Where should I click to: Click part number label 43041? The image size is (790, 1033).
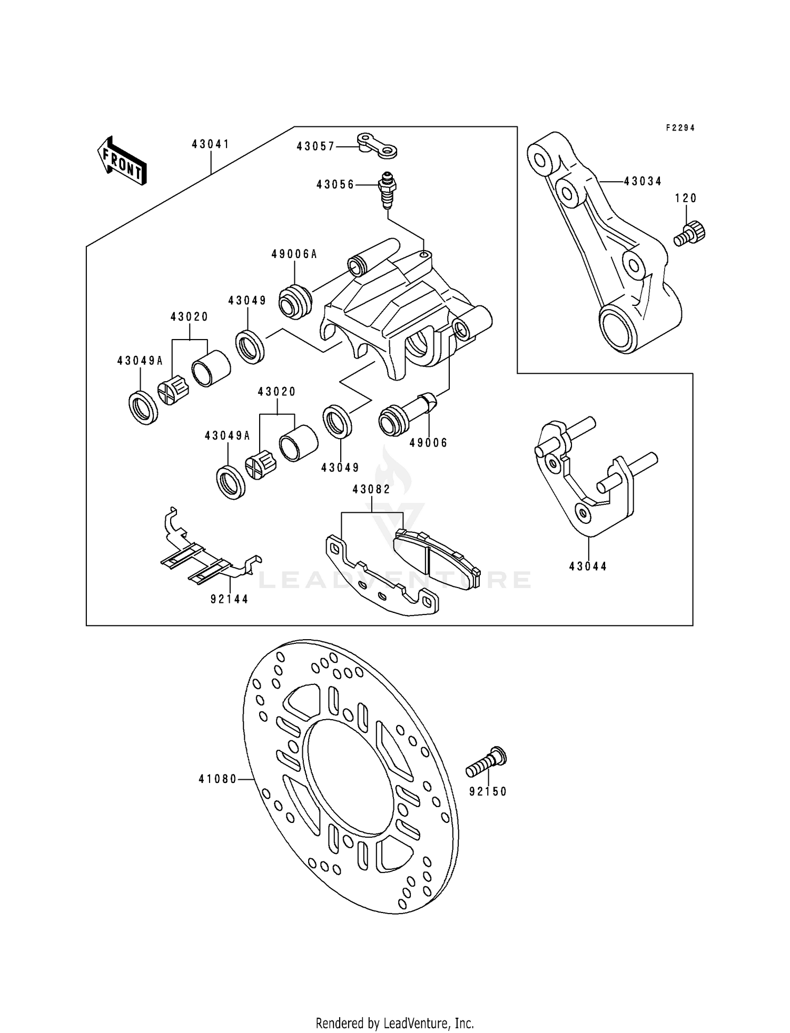pos(210,144)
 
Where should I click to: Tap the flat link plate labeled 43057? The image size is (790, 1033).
pos(377,146)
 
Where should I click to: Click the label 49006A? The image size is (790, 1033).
pos(294,254)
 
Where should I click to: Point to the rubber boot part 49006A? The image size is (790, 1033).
pos(295,301)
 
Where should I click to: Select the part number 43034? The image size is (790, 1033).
pos(643,181)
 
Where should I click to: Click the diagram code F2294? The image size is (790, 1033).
pos(680,128)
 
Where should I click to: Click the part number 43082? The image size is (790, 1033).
pos(371,489)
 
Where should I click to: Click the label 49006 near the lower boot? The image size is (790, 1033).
pos(428,443)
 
